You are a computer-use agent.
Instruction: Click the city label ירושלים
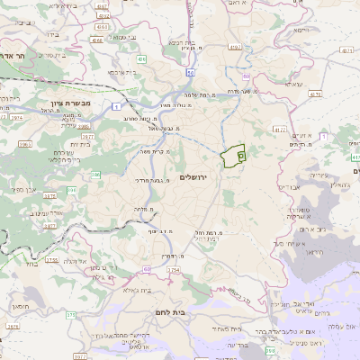[193, 177]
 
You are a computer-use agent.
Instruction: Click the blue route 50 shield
[191, 71]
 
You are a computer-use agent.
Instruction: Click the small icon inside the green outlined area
[240, 156]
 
